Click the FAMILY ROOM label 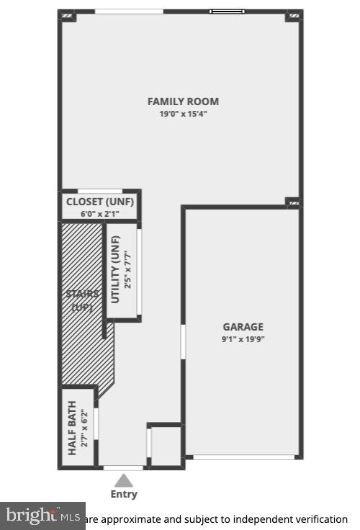pyautogui.click(x=183, y=102)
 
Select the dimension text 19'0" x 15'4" pyautogui.click(x=183, y=114)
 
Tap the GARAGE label pyautogui.click(x=243, y=326)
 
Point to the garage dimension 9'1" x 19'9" pyautogui.click(x=243, y=339)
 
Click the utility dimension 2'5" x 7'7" pyautogui.click(x=128, y=269)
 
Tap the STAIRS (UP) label pyautogui.click(x=82, y=300)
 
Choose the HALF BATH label pyautogui.click(x=73, y=428)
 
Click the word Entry pyautogui.click(x=124, y=494)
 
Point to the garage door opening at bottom pyautogui.click(x=244, y=457)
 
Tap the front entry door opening pyautogui.click(x=124, y=468)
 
